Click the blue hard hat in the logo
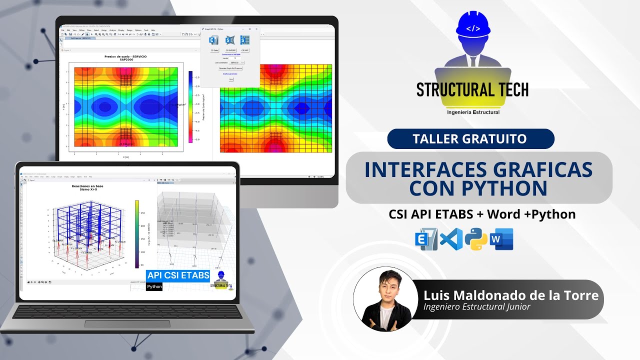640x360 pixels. (472, 25)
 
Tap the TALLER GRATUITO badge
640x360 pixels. (470, 138)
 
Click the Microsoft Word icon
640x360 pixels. (501, 239)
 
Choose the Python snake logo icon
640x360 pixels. (476, 239)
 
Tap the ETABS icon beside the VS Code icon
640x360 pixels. (426, 239)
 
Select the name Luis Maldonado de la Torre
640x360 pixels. (510, 295)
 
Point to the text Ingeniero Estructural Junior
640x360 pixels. (476, 307)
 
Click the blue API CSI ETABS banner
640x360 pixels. (178, 275)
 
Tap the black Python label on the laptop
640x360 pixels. (154, 287)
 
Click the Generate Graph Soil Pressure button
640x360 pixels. (230, 68)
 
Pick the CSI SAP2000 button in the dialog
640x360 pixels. (230, 50)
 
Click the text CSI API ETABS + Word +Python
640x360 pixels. (482, 214)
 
